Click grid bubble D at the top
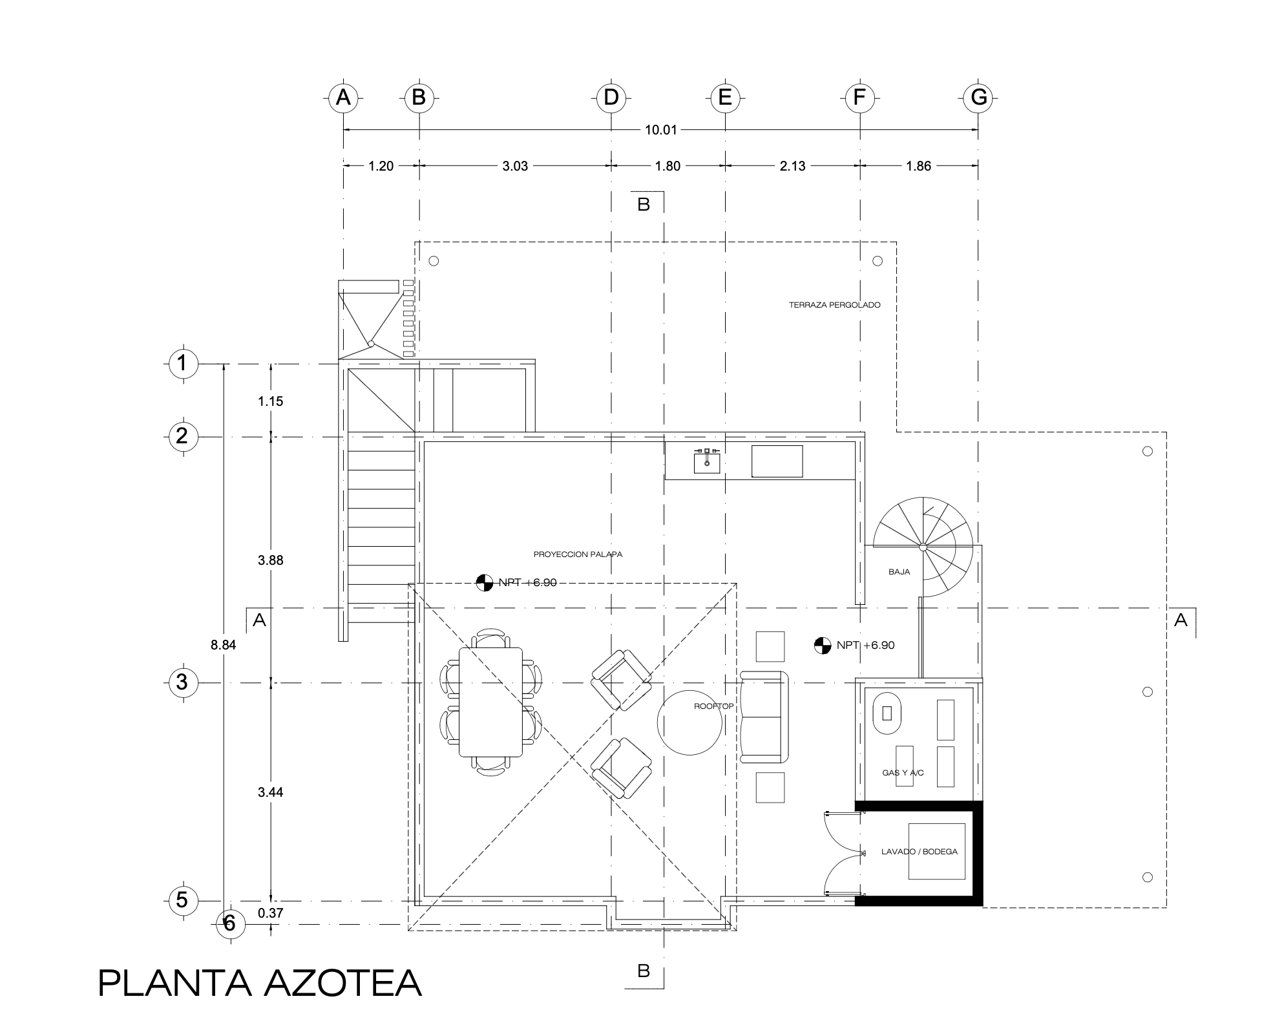(611, 98)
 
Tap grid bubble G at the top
(978, 98)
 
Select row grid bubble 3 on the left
(182, 682)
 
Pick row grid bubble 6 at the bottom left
(229, 924)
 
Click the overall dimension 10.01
(660, 130)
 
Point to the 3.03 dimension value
(515, 166)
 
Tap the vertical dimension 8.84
(224, 644)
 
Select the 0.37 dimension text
(270, 913)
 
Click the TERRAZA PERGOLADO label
(834, 305)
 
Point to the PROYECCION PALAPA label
(578, 554)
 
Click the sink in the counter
(708, 460)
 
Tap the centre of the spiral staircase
(923, 547)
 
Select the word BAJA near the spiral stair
(900, 572)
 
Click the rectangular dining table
(491, 702)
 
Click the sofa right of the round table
(764, 716)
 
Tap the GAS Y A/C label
(903, 773)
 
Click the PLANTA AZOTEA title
(260, 984)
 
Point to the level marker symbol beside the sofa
(822, 645)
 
